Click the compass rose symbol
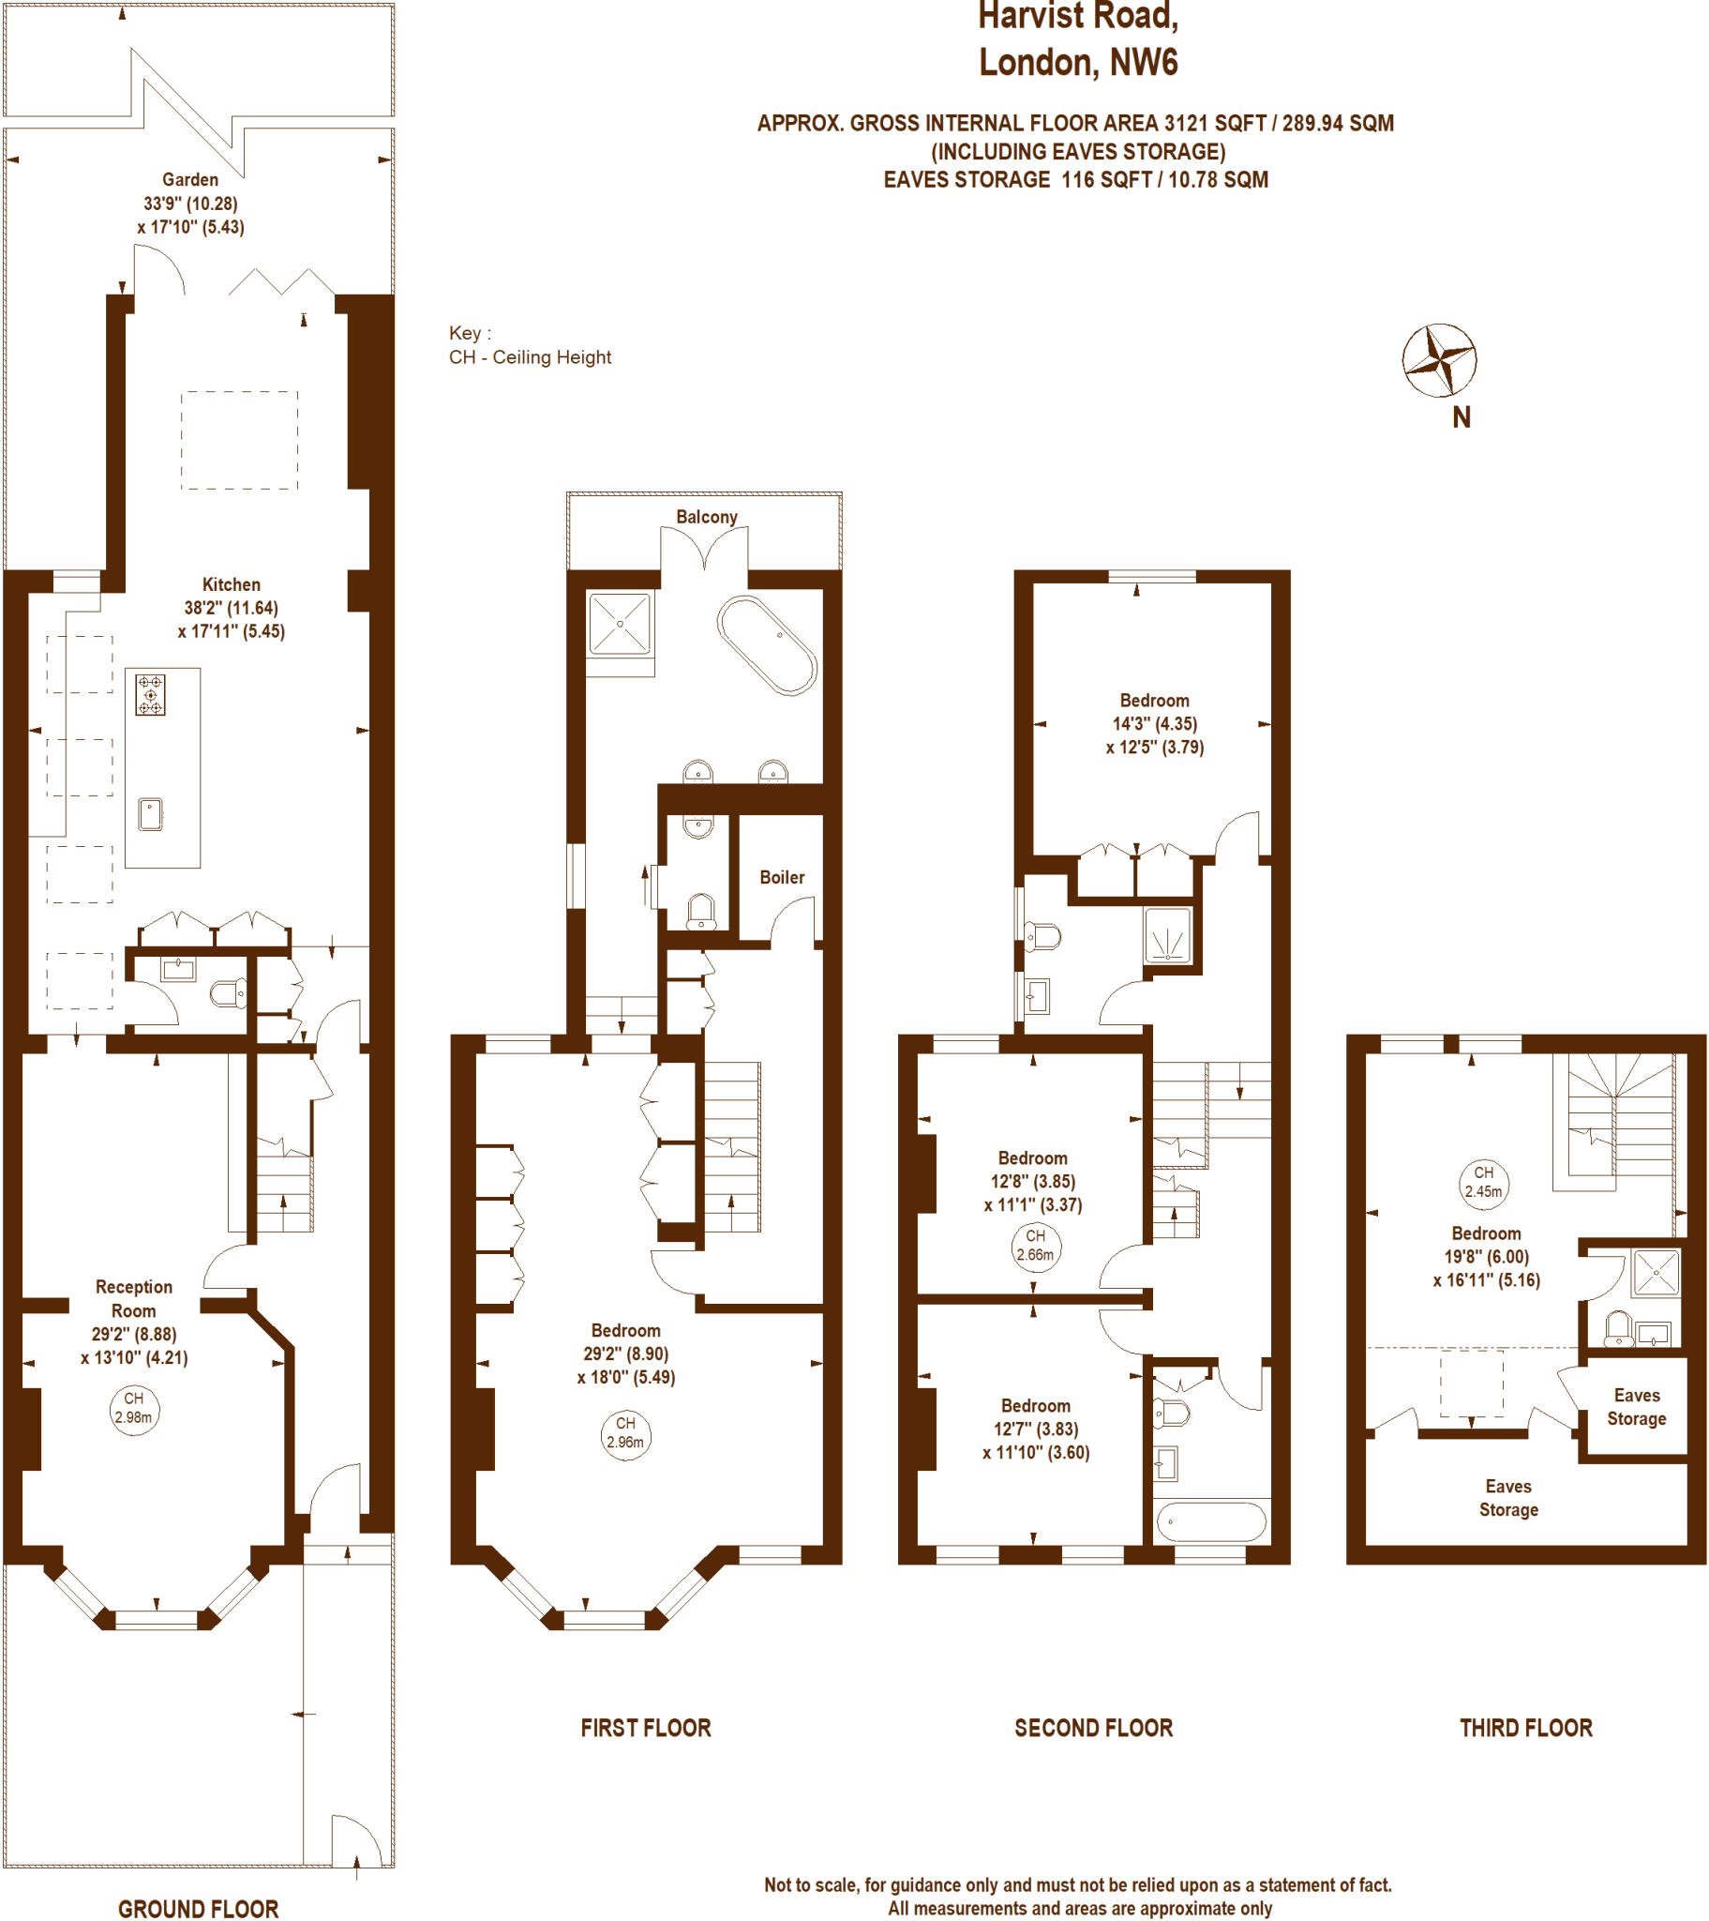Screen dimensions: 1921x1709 click(x=1438, y=360)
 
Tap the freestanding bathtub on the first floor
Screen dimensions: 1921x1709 click(x=767, y=645)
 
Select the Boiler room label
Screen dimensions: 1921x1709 click(x=782, y=877)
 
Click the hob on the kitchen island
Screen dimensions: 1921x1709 click(x=150, y=694)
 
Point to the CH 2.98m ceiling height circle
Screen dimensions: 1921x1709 click(x=133, y=1410)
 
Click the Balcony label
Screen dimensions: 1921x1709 click(x=706, y=517)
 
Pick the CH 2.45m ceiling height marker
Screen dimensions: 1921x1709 click(x=1482, y=1183)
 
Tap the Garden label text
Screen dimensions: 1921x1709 click(x=189, y=179)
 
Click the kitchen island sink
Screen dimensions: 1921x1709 click(x=150, y=814)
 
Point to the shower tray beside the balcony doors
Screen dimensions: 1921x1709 click(x=619, y=623)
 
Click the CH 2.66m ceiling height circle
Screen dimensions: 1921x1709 click(x=1034, y=1247)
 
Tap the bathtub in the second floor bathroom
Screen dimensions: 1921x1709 click(x=1210, y=1520)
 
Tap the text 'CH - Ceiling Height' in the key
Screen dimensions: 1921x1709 click(x=530, y=357)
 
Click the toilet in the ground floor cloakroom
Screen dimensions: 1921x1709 click(x=229, y=992)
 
